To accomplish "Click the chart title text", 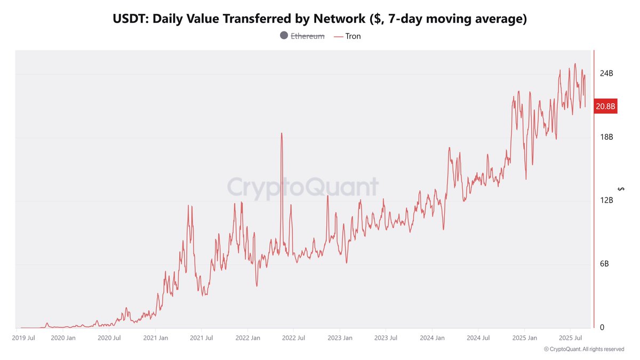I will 320,19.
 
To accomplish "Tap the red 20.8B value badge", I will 605,107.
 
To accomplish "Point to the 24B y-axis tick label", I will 606,74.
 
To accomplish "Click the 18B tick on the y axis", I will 606,137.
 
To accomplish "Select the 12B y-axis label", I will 606,201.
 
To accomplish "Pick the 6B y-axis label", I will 604,264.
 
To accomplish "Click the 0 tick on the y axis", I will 602,327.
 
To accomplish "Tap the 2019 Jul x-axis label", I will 23,338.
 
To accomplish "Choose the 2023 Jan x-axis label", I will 340,338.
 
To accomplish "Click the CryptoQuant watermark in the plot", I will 303,188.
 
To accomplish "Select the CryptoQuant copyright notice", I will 584,349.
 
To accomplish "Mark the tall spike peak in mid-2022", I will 281,133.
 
